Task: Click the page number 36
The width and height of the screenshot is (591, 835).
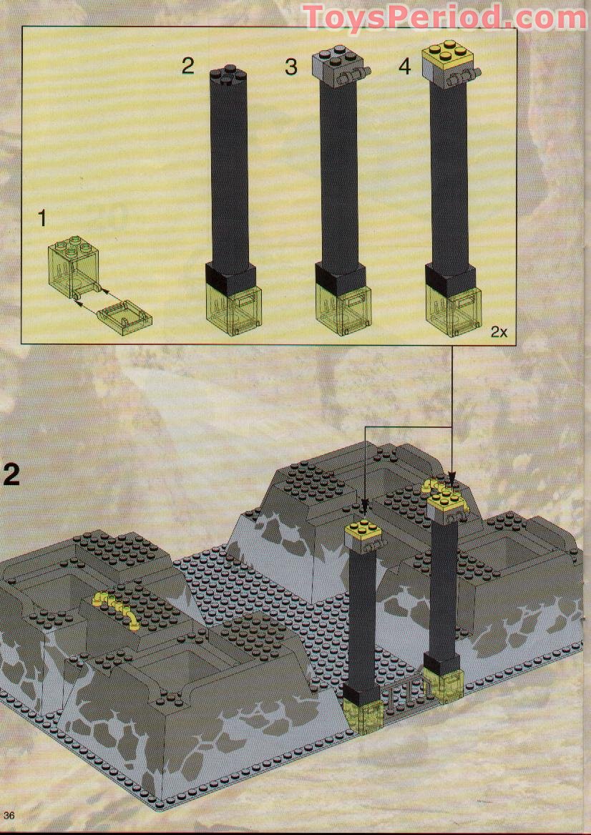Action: click(9, 816)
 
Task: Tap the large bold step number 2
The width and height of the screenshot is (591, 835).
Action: click(14, 474)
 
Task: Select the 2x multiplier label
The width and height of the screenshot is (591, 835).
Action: click(499, 332)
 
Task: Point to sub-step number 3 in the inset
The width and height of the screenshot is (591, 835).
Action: click(290, 67)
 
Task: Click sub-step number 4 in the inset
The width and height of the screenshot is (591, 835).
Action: click(405, 67)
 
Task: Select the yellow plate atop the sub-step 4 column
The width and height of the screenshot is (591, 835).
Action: click(447, 54)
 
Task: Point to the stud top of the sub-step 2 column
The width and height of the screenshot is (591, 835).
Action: click(229, 74)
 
